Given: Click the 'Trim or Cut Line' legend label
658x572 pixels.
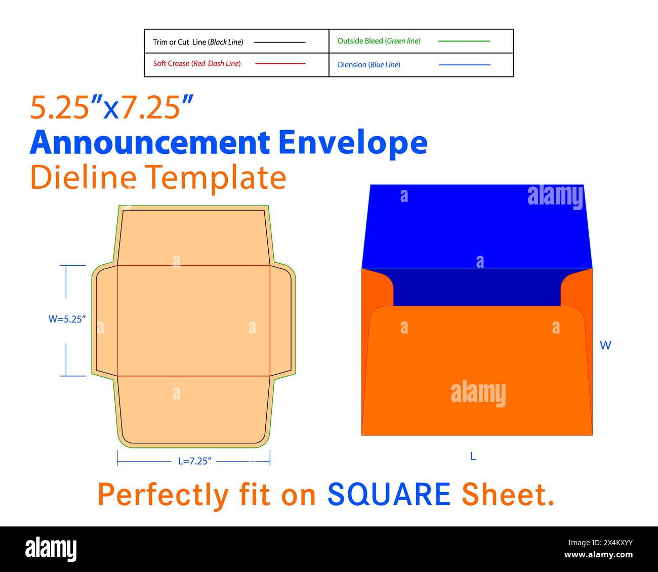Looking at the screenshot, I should point(198,42).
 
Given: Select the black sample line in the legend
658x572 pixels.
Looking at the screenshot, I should point(279,42).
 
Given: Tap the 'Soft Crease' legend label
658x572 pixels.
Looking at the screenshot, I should point(197,64).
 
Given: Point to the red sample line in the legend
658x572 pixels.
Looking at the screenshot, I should point(280,64).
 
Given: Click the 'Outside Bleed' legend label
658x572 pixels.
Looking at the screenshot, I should point(379,41).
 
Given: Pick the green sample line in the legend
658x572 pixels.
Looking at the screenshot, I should point(464,41).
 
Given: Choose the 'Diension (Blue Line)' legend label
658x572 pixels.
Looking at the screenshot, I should point(368,65).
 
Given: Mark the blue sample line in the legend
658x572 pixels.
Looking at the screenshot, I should point(464,65).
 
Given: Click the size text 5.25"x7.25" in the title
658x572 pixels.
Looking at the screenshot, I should point(112,107).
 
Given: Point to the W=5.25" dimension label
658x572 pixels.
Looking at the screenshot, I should point(67,319).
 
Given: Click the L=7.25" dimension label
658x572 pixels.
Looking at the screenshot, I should point(194,461).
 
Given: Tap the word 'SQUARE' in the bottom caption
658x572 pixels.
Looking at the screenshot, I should point(389,495).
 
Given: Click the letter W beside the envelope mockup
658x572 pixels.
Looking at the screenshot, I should point(605,345).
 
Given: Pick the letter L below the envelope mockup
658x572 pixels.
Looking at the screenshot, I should point(473,457).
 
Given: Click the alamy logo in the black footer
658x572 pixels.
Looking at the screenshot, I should point(51,549).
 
